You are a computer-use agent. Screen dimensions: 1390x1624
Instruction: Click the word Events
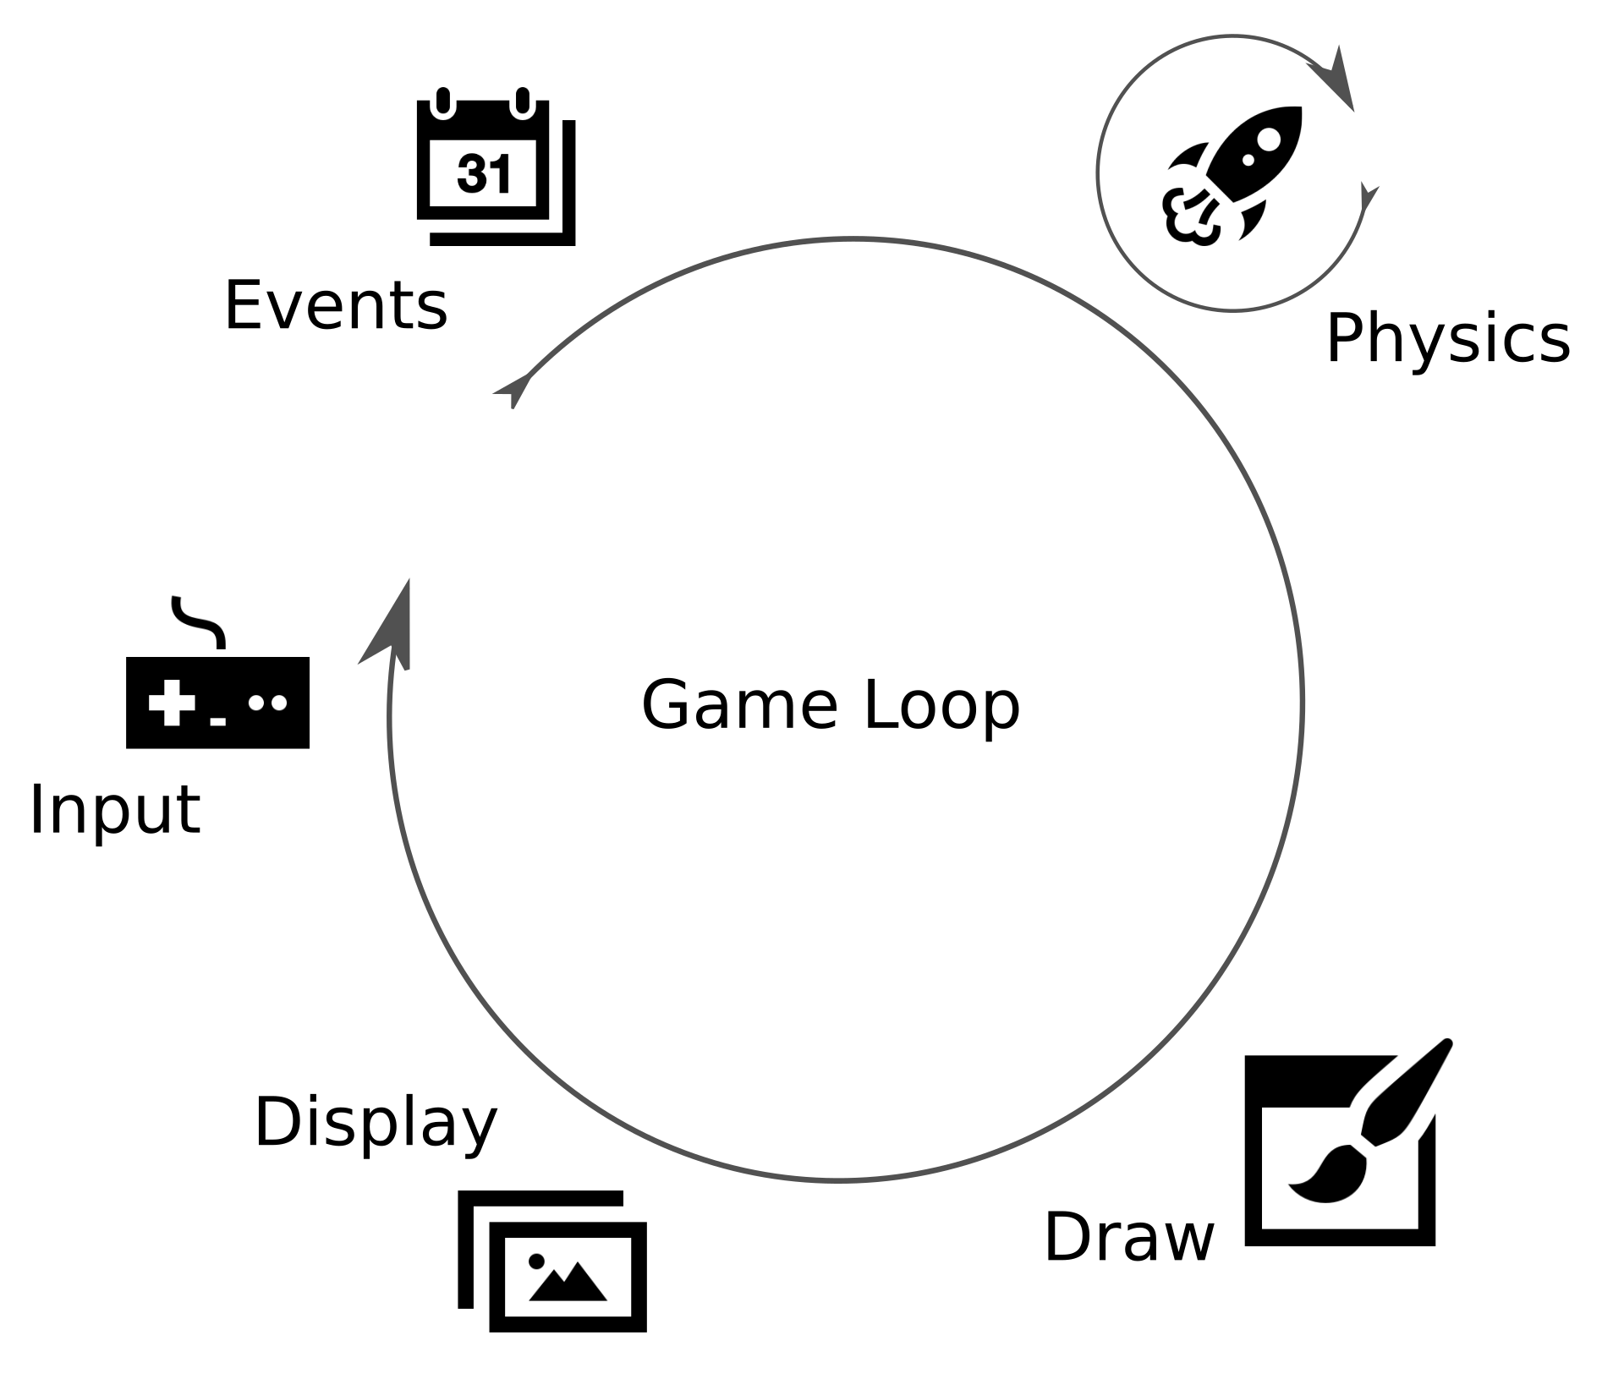(x=335, y=305)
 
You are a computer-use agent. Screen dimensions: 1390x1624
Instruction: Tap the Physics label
(x=1447, y=338)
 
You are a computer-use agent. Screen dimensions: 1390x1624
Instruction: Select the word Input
(x=114, y=810)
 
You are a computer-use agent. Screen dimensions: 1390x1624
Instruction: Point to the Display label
(x=376, y=1123)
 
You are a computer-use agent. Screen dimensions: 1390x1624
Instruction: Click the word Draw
(x=1129, y=1237)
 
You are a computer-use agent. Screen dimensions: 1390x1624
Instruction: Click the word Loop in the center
(x=941, y=704)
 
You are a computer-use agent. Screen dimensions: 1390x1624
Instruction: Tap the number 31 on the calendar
(x=484, y=173)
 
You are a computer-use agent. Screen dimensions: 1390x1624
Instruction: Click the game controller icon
(x=217, y=702)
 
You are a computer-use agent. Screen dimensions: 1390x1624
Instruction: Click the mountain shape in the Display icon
(x=568, y=1283)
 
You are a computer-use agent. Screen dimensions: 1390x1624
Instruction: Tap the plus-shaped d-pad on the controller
(x=172, y=702)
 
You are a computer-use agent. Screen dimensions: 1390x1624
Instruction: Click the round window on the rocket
(x=1269, y=139)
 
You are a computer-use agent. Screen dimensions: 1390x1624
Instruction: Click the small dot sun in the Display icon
(x=536, y=1261)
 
